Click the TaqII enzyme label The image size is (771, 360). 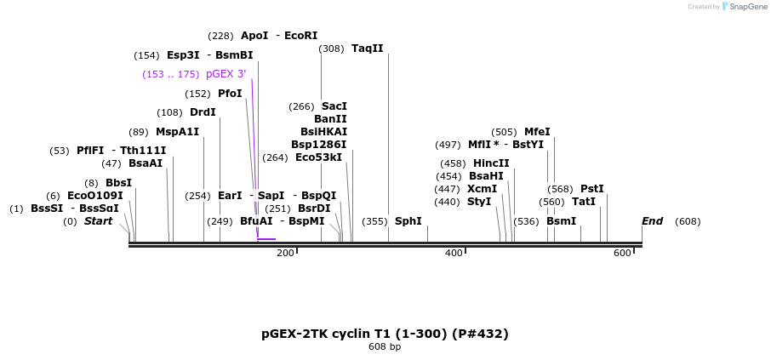pos(368,49)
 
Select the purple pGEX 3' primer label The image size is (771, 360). pos(226,74)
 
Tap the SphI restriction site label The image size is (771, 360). pos(408,221)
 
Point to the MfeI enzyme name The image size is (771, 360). pos(537,132)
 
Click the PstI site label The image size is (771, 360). pos(592,189)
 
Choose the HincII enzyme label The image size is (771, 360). pos(491,163)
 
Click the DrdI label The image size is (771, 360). pos(203,112)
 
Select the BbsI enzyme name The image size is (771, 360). pos(119,183)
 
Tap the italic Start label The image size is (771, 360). pos(98,221)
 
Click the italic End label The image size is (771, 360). pos(653,221)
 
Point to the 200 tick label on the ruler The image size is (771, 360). pos(285,253)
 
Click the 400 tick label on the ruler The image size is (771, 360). pos(454,253)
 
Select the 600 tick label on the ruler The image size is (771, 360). pos(622,253)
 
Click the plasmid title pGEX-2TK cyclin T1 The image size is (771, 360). pos(385,333)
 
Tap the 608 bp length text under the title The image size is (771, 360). pos(385,347)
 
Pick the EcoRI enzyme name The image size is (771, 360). pos(301,36)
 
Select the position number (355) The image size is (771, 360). pos(374,221)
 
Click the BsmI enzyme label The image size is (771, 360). pos(562,221)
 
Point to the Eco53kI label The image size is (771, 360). pos(318,157)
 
